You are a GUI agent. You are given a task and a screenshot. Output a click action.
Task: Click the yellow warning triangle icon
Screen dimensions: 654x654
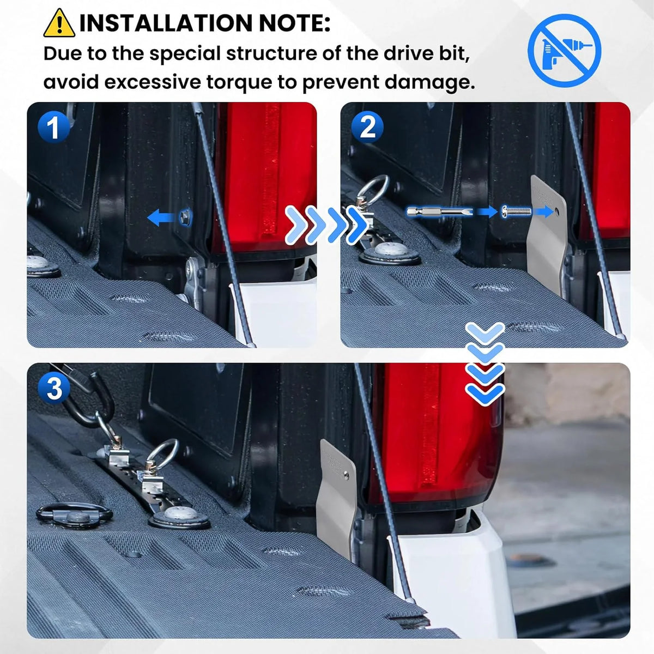[59, 23]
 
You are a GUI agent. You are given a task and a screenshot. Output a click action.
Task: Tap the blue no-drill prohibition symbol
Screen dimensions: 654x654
[564, 50]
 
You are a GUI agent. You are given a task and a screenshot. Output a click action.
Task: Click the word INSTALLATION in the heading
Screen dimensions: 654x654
[166, 23]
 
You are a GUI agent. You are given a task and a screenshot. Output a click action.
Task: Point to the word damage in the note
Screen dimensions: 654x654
[427, 82]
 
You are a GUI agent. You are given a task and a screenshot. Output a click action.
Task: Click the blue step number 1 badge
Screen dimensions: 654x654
[53, 128]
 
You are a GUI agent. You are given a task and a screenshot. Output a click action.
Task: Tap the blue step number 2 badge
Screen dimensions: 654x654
[367, 127]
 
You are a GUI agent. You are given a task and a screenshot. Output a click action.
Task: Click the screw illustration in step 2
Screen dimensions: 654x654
[516, 211]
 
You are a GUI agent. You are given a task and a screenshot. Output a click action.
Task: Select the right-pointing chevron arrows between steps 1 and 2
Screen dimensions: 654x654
[326, 224]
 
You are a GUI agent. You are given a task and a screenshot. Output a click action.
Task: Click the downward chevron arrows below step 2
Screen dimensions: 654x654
[485, 364]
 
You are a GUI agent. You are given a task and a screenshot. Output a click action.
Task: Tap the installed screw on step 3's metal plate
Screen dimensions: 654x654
[346, 474]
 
